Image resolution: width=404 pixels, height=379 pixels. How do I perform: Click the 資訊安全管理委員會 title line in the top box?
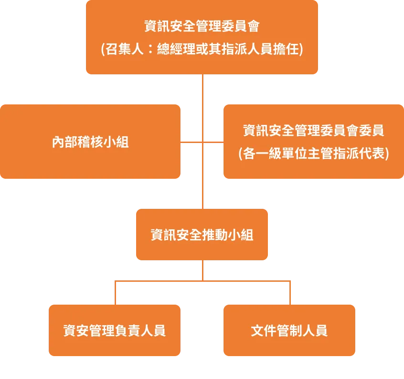click(x=202, y=26)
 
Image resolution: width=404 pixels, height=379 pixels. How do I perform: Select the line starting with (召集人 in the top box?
click(x=202, y=50)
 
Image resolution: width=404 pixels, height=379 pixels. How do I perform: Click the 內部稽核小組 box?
click(x=90, y=142)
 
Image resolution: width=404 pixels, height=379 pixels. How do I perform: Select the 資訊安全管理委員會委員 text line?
click(x=313, y=130)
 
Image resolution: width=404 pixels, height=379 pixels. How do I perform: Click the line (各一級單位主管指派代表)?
click(x=313, y=154)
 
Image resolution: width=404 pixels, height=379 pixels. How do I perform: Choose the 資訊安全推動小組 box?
click(x=202, y=235)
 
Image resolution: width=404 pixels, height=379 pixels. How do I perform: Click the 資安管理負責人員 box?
click(x=115, y=330)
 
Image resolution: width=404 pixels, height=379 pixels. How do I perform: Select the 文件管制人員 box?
click(x=289, y=330)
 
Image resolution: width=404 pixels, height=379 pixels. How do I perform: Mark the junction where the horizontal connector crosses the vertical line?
click(x=203, y=142)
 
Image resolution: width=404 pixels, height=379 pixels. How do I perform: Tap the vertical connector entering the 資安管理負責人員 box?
click(x=116, y=293)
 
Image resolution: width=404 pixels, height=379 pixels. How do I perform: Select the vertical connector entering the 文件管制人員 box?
click(x=289, y=293)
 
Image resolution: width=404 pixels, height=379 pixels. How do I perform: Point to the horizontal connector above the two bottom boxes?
click(x=158, y=281)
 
